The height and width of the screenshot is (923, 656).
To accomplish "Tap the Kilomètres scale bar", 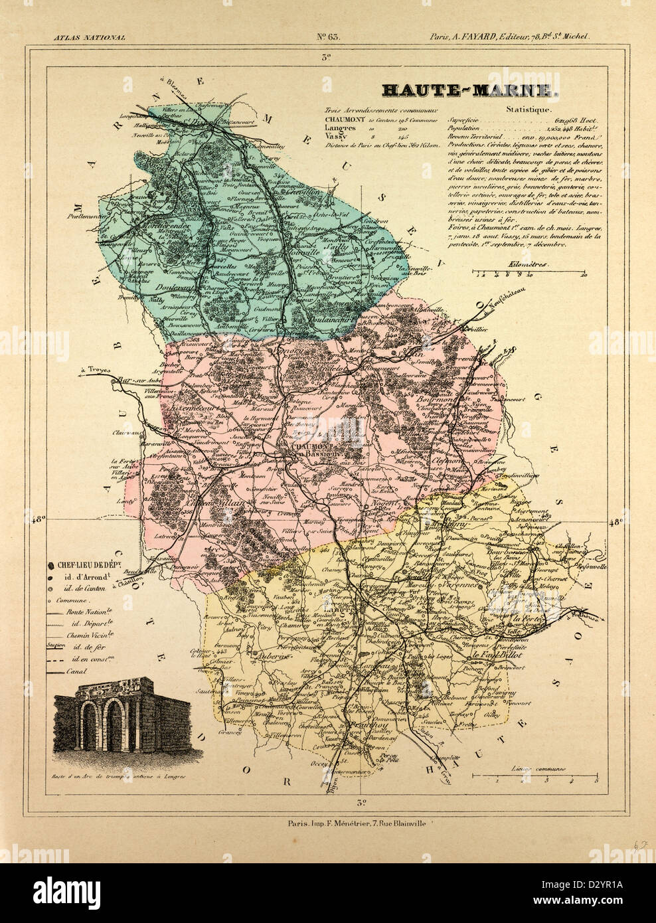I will point(530,272).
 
